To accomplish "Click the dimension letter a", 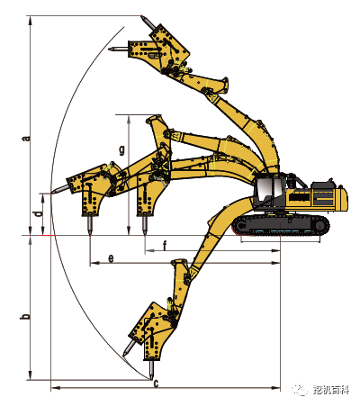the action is coord(27,139).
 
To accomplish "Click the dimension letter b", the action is coord(26,316).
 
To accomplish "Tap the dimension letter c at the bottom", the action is coord(157,383).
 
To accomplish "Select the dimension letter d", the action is coord(38,214).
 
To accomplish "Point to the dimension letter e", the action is coord(112,258).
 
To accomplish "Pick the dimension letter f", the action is coord(165,246).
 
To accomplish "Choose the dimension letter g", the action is coord(121,149).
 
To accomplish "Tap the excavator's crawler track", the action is coord(281,225).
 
